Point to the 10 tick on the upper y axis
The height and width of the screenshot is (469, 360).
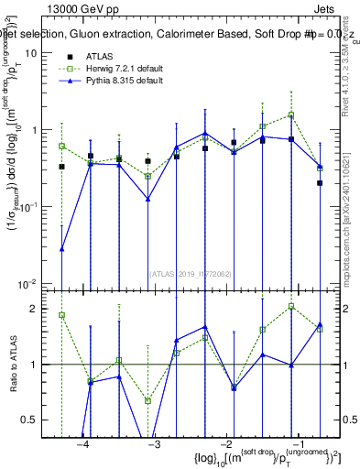coord(32,53)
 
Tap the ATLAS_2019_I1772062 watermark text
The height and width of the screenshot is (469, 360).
coord(191,272)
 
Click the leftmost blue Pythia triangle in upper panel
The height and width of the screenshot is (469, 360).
coord(62,248)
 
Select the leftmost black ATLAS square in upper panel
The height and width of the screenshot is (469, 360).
coord(62,167)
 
